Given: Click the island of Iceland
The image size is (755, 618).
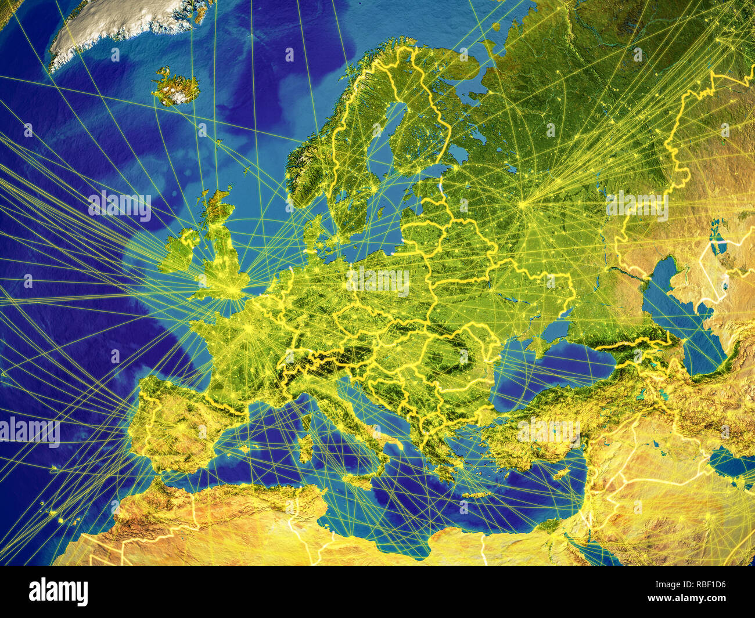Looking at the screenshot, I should (176, 88).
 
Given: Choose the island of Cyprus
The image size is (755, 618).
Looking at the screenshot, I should (562, 474).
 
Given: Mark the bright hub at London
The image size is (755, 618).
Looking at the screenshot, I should (233, 287).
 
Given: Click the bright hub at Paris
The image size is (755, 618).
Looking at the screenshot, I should (249, 329).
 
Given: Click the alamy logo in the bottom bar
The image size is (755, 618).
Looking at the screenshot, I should (58, 591).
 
